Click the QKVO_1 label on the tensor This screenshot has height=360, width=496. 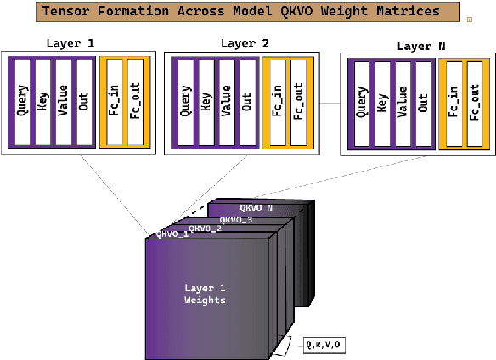tap(172, 233)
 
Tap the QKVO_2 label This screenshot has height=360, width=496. tap(205, 228)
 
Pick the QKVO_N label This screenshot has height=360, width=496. tap(256, 207)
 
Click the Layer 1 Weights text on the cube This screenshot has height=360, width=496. tap(205, 294)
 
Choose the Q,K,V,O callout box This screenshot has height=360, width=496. tap(324, 345)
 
